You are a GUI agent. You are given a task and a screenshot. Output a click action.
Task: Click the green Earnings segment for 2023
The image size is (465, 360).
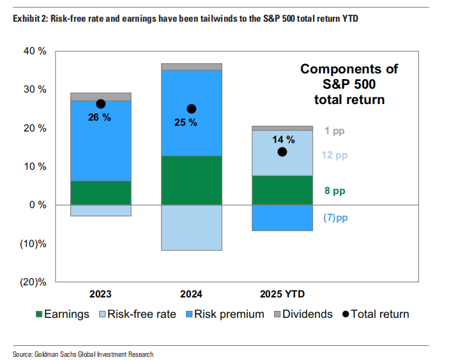pyautogui.click(x=100, y=193)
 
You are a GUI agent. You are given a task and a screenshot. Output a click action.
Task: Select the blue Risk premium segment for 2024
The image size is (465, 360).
pyautogui.click(x=191, y=137)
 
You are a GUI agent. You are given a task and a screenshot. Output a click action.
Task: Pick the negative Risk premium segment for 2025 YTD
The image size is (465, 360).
pyautogui.click(x=282, y=218)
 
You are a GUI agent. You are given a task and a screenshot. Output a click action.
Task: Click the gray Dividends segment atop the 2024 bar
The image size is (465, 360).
pyautogui.click(x=191, y=67)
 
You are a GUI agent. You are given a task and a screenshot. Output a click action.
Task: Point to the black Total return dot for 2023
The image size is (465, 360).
pyautogui.click(x=100, y=103)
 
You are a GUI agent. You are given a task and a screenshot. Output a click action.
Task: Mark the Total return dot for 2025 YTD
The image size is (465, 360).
pyautogui.click(x=282, y=152)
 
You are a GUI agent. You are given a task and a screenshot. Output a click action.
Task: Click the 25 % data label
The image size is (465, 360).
pyautogui.click(x=186, y=123)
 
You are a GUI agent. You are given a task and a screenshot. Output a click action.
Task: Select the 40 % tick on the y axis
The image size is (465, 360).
pyautogui.click(x=34, y=51)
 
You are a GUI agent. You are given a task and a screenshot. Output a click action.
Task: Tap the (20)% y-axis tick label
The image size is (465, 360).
pyautogui.click(x=32, y=282)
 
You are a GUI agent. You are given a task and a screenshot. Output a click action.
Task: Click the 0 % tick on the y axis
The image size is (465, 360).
pyautogui.click(x=37, y=205)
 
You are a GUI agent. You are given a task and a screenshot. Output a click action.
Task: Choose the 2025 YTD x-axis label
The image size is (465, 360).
pyautogui.click(x=282, y=295)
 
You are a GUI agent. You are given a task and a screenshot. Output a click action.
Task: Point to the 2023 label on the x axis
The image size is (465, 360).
pyautogui.click(x=100, y=295)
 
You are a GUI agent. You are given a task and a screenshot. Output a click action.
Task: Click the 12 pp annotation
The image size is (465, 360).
pyautogui.click(x=336, y=155)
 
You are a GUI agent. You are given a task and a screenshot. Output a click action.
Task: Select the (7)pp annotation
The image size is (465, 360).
pyautogui.click(x=335, y=218)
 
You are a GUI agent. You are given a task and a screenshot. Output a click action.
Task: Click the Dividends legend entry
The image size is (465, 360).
pyautogui.click(x=303, y=314)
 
